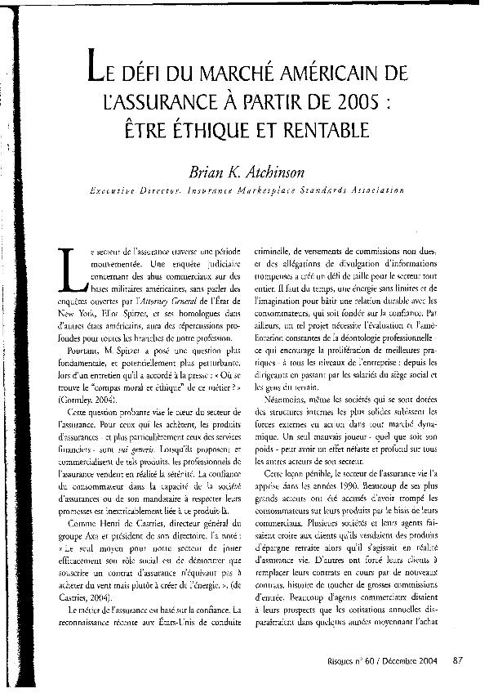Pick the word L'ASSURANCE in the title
pyautogui.click(x=144, y=104)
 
